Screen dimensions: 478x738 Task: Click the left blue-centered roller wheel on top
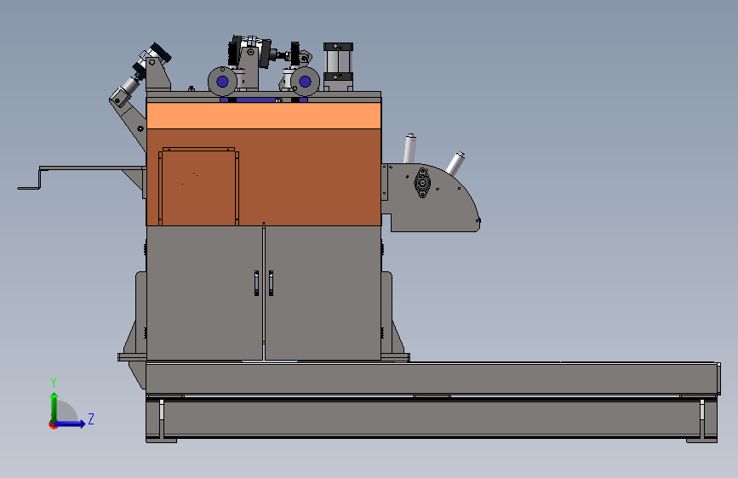coord(223,82)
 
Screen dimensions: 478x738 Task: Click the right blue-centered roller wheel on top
coord(305,83)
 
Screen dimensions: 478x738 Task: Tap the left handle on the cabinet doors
coord(256,283)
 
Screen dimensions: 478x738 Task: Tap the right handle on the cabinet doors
coord(271,283)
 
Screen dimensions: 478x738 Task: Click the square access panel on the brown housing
coord(197,187)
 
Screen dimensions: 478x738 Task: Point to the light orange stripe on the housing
coord(264,115)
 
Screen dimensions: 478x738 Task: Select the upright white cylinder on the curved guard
coord(409,148)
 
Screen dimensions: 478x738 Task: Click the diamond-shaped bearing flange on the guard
coord(421,183)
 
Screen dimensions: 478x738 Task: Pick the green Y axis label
coord(53,382)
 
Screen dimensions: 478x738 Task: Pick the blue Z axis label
coord(90,418)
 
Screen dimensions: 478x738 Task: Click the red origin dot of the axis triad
coord(54,424)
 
